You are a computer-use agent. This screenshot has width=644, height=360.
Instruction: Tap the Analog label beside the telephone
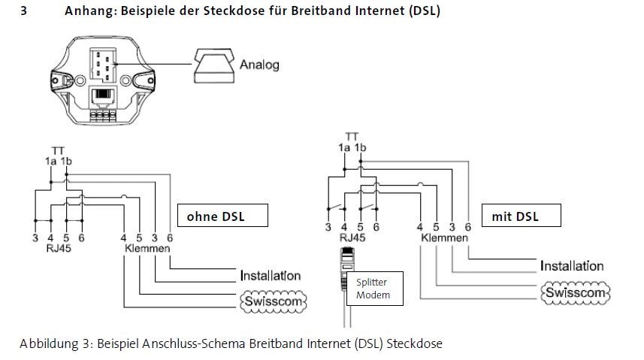pyautogui.click(x=259, y=65)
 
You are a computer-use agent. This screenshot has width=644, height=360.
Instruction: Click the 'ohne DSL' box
pyautogui.click(x=211, y=216)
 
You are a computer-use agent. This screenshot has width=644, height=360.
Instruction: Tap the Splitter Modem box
pyautogui.click(x=373, y=288)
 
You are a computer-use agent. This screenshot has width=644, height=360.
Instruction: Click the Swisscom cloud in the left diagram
pyautogui.click(x=273, y=301)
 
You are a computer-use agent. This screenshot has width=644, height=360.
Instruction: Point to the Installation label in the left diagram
pyautogui.click(x=271, y=276)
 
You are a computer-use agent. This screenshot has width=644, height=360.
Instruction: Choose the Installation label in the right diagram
pyautogui.click(x=572, y=266)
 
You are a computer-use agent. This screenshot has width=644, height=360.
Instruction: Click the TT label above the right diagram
pyautogui.click(x=351, y=137)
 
